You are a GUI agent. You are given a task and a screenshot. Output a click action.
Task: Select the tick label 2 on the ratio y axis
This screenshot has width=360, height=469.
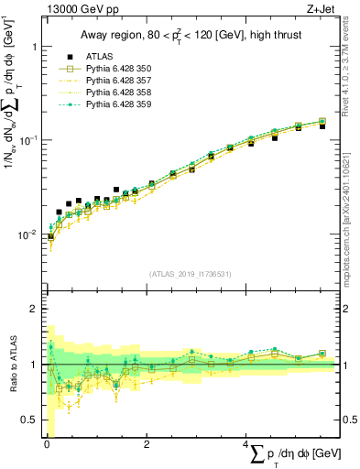[x=33, y=309]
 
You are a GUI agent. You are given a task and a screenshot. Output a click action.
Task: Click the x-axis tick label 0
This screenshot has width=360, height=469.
[x=47, y=444]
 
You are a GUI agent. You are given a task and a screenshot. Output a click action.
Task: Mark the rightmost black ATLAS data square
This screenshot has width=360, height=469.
[x=322, y=126]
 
